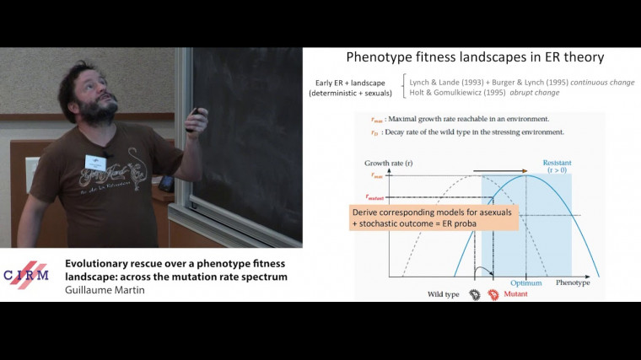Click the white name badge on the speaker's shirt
(x=96, y=162)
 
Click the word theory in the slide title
(x=581, y=59)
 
